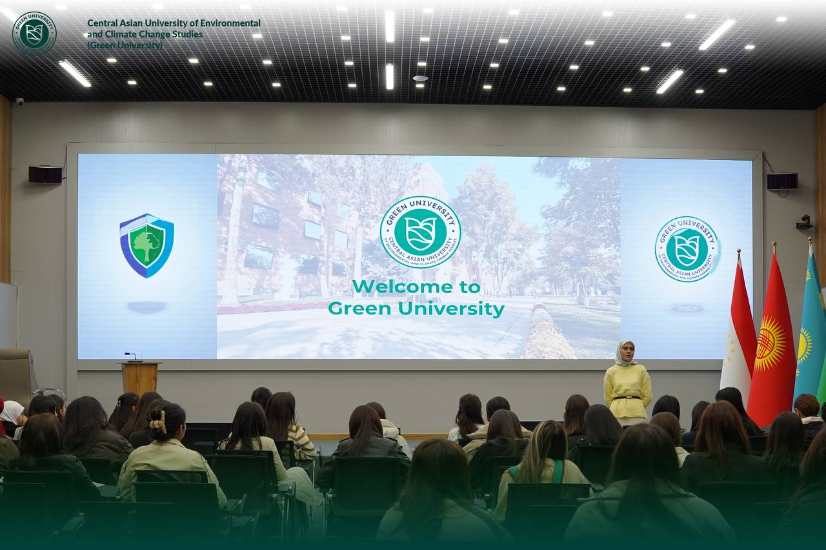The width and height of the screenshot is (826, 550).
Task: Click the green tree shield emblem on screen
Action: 146,245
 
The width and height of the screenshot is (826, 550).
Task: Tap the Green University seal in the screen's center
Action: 420,232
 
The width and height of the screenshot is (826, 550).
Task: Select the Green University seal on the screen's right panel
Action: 687,249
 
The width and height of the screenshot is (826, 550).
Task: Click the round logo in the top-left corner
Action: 34,32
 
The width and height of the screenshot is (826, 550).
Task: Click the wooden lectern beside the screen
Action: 140,377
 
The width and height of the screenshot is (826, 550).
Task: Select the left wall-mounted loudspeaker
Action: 45,174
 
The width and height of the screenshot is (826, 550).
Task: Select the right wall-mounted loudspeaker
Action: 782,181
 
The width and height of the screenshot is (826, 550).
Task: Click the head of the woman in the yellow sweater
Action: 625,352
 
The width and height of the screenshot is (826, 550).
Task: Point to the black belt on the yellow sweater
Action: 627,397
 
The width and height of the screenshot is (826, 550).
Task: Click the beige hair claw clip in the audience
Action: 157,423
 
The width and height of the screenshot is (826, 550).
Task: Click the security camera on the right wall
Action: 804,223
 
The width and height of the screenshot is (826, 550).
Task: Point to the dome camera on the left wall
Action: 19,101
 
